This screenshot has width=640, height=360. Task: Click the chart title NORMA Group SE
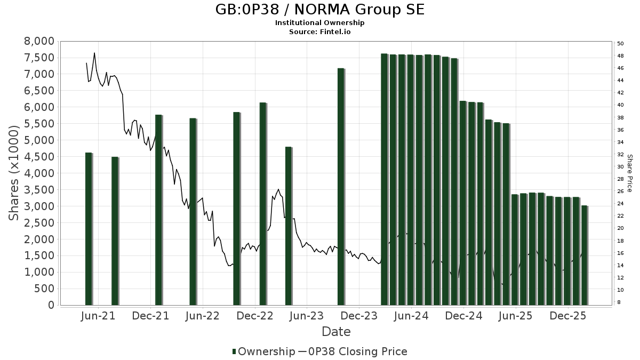point(320,10)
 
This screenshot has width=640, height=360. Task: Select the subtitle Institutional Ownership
point(320,23)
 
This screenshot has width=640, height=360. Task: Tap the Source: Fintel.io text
point(320,31)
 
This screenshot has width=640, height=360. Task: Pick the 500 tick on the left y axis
point(44,289)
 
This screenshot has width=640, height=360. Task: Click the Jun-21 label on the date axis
point(98,316)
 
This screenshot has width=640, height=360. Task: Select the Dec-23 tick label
point(359,316)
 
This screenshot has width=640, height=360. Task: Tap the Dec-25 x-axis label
point(568,316)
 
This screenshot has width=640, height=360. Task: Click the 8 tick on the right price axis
point(619,302)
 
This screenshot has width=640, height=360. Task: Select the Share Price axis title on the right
point(629,173)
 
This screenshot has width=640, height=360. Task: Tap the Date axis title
point(336,332)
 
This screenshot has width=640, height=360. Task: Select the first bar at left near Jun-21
point(89,229)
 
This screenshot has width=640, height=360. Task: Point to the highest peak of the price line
point(94,53)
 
